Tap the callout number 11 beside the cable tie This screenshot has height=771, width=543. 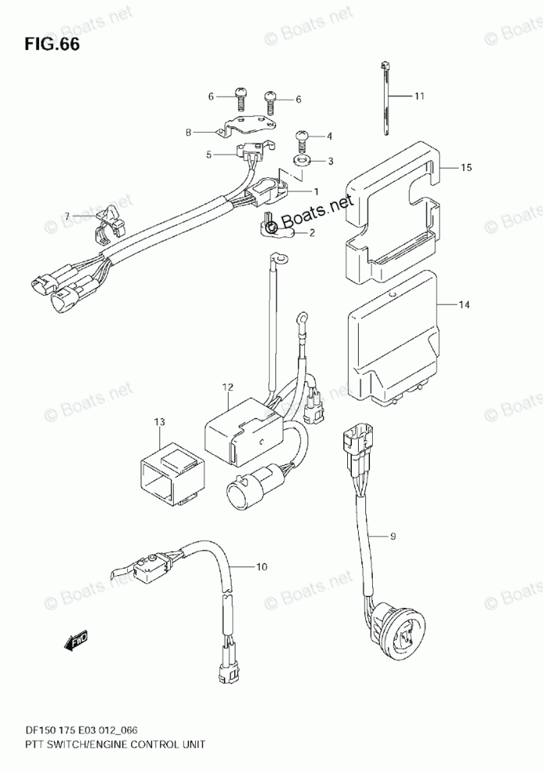coord(419,97)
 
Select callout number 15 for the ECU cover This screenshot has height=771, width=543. coord(467,168)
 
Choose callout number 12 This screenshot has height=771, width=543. coord(227,387)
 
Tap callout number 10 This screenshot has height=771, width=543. coord(261,567)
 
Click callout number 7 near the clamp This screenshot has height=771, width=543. coord(68,215)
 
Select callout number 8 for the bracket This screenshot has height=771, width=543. coord(188,133)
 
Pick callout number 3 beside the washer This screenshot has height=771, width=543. coord(329,162)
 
